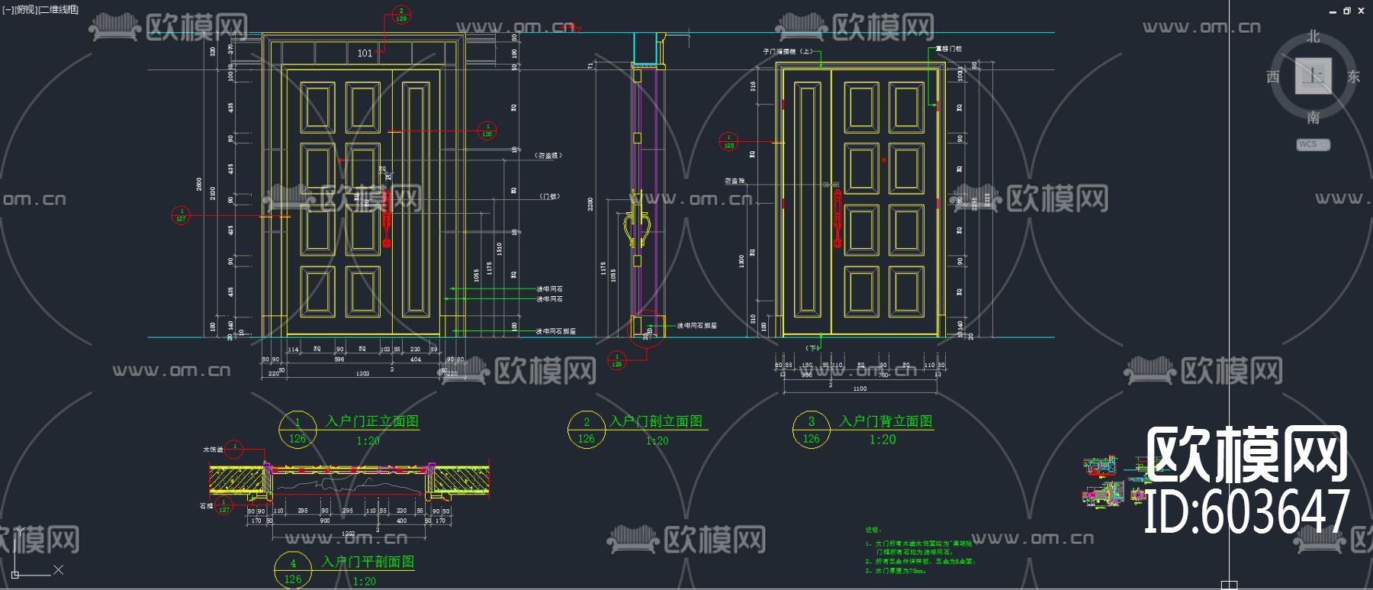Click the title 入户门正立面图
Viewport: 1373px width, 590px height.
pyautogui.click(x=371, y=421)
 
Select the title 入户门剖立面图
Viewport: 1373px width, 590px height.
pyautogui.click(x=656, y=421)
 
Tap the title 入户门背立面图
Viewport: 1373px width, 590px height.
pyautogui.click(x=886, y=421)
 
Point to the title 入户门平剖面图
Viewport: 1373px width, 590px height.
pyautogui.click(x=368, y=562)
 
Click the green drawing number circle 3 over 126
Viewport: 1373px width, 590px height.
pyautogui.click(x=811, y=430)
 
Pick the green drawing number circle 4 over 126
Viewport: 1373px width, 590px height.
pyautogui.click(x=293, y=571)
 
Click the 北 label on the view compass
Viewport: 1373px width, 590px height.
pyautogui.click(x=1313, y=37)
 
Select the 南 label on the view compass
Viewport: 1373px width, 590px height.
pyautogui.click(x=1313, y=118)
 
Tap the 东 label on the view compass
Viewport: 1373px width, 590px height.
pyautogui.click(x=1353, y=76)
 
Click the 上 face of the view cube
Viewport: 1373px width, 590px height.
pyautogui.click(x=1314, y=76)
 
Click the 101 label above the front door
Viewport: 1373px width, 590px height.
pyautogui.click(x=365, y=53)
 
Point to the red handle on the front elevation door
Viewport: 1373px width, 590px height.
pyautogui.click(x=386, y=218)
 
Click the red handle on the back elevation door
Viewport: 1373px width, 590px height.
pyautogui.click(x=838, y=220)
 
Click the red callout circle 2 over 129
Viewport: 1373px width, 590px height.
pyautogui.click(x=401, y=15)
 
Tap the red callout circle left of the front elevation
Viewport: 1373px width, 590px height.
pyautogui.click(x=181, y=215)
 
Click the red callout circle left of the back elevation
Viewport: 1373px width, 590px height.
pyautogui.click(x=728, y=141)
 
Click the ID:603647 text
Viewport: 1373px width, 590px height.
pyautogui.click(x=1246, y=511)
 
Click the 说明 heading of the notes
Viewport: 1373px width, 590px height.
pyautogui.click(x=873, y=530)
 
